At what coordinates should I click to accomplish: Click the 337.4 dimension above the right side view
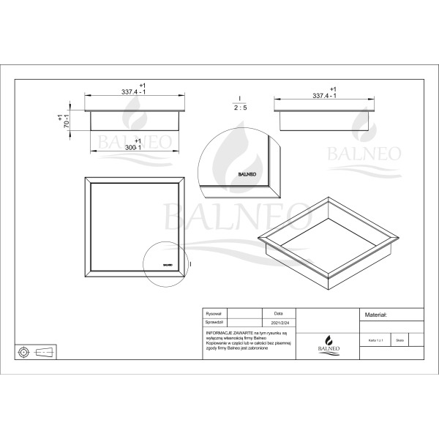pos(323,96)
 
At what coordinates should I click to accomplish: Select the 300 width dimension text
pos(132,147)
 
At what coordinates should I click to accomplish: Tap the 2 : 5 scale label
pos(239,107)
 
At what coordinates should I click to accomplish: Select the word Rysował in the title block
pos(215,312)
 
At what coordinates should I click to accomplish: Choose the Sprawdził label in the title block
pos(217,320)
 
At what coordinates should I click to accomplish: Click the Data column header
pos(278,312)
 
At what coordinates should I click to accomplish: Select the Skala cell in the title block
pos(399,339)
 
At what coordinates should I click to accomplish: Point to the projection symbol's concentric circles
pos(24,352)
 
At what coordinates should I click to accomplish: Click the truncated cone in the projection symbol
pos(44,352)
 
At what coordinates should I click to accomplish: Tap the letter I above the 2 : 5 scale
pos(239,97)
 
